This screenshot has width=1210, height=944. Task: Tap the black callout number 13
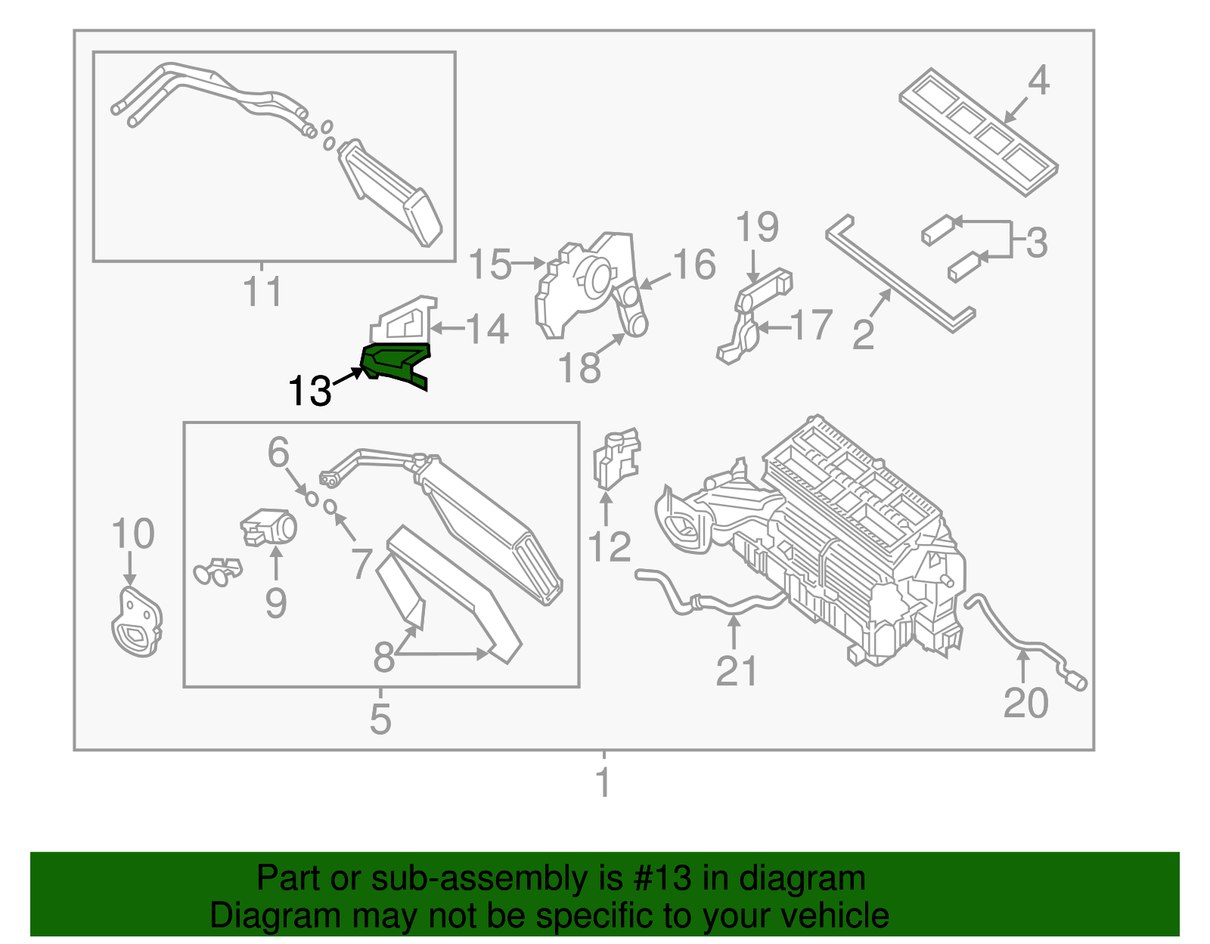(x=309, y=392)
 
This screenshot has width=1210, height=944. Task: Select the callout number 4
(x=1038, y=80)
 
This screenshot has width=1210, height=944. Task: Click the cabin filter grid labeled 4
(x=977, y=132)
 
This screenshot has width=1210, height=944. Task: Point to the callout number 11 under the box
(x=262, y=292)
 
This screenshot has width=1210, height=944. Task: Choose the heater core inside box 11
(x=389, y=193)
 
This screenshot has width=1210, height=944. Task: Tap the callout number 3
(x=1036, y=243)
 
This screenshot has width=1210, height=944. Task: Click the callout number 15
(x=490, y=265)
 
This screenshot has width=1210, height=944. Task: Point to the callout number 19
(x=757, y=227)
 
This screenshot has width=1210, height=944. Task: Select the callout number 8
(x=384, y=657)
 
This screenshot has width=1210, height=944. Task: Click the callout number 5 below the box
(x=380, y=718)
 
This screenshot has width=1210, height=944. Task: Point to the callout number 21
(x=736, y=671)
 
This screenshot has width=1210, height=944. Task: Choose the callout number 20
(x=1025, y=703)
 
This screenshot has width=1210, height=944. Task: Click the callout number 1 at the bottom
(x=603, y=782)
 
